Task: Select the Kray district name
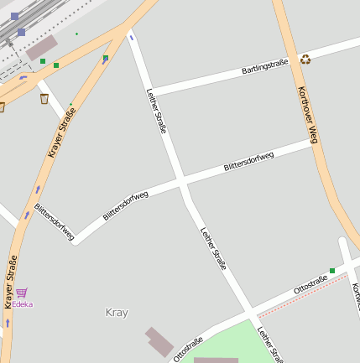coord(117,313)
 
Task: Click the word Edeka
coord(23,304)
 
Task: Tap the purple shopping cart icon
coord(22,293)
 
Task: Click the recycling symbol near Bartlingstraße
coord(305,60)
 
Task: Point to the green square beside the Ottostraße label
coord(332,271)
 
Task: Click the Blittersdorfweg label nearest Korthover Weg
coord(249,162)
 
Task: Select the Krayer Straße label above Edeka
coord(11,282)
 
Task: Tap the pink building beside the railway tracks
coord(41,47)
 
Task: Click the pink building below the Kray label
coord(159,341)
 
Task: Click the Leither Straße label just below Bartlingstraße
coord(157,111)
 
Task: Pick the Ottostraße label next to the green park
coord(189,349)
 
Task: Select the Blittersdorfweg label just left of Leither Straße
coord(126,205)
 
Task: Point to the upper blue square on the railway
coord(14,16)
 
